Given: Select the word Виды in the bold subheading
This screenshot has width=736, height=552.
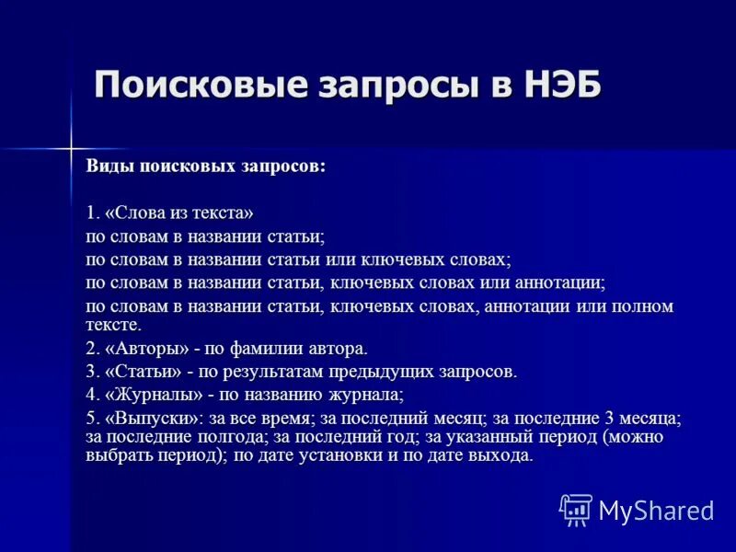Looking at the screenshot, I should [x=109, y=167].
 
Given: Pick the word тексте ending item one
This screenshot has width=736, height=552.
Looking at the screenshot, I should [x=113, y=324].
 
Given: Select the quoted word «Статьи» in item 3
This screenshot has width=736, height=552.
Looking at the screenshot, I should [x=144, y=372].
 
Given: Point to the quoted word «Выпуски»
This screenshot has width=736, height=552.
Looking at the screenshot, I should [x=154, y=418].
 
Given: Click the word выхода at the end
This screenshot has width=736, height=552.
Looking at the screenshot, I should [x=504, y=455].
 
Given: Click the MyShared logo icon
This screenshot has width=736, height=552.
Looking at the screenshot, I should [x=575, y=510].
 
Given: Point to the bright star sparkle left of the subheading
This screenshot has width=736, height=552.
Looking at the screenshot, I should [x=70, y=147].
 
